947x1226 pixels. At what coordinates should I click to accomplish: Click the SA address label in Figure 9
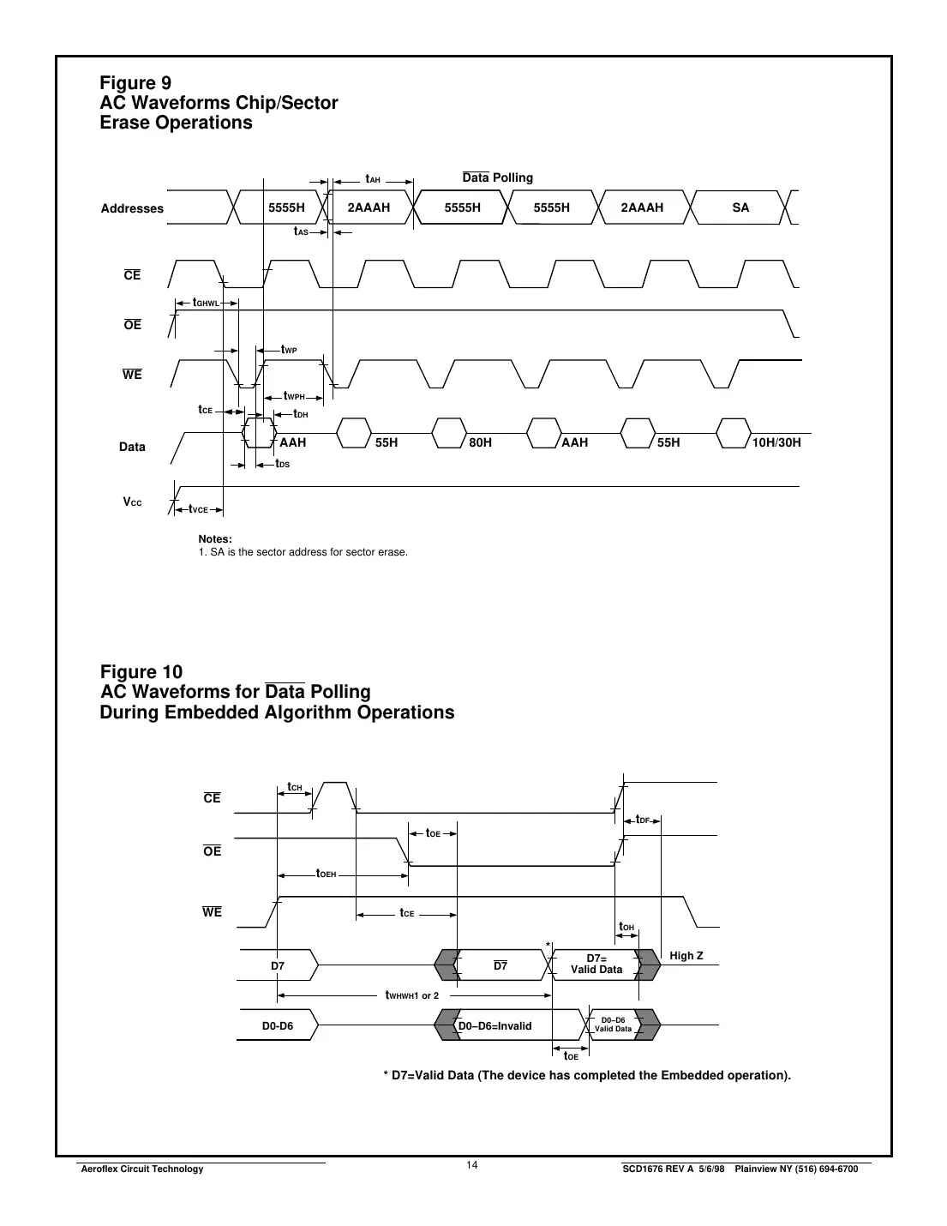click(740, 207)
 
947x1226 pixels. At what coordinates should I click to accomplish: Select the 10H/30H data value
click(776, 442)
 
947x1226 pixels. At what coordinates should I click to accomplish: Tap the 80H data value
click(481, 442)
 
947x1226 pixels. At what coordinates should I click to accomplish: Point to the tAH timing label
click(373, 179)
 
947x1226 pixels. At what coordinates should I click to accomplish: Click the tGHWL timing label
click(206, 303)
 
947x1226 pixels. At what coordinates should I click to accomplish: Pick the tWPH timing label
click(294, 396)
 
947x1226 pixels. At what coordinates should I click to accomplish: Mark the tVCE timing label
click(199, 509)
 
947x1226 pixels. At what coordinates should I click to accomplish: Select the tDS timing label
click(282, 464)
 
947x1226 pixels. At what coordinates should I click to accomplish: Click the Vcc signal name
click(132, 502)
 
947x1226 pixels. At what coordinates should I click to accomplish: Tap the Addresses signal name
click(132, 208)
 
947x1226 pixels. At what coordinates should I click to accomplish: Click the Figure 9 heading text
click(135, 83)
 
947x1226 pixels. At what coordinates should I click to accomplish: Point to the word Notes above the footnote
click(215, 538)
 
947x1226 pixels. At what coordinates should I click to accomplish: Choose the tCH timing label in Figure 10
click(295, 787)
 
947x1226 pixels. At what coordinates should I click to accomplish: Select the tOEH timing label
click(327, 874)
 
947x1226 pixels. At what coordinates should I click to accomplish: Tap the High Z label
click(686, 955)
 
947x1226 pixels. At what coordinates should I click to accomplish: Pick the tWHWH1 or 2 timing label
click(412, 995)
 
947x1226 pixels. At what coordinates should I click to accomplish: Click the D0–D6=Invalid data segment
click(495, 1025)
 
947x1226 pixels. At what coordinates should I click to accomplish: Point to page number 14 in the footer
click(472, 1164)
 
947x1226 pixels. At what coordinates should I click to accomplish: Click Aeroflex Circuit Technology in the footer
click(141, 1169)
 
